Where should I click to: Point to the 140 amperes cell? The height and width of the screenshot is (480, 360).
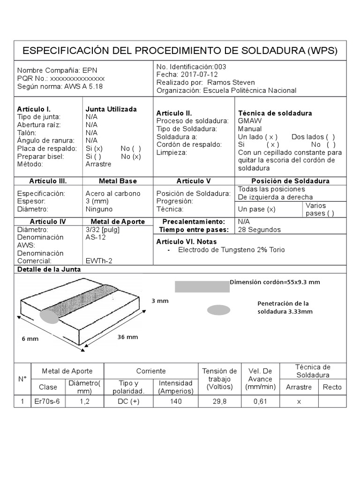click(x=176, y=401)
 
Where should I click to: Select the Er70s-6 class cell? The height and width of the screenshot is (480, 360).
click(x=48, y=401)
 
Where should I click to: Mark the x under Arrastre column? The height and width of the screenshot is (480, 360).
click(x=299, y=401)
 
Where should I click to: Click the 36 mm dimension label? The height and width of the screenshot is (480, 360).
click(x=128, y=337)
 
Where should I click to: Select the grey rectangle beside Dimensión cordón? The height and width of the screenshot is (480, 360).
click(x=202, y=286)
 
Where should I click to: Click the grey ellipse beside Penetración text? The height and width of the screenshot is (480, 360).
click(x=218, y=310)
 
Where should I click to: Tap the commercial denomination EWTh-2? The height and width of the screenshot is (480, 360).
click(x=99, y=261)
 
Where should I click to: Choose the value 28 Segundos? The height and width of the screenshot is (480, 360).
click(x=259, y=230)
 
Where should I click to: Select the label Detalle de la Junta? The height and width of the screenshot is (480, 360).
click(x=49, y=269)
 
